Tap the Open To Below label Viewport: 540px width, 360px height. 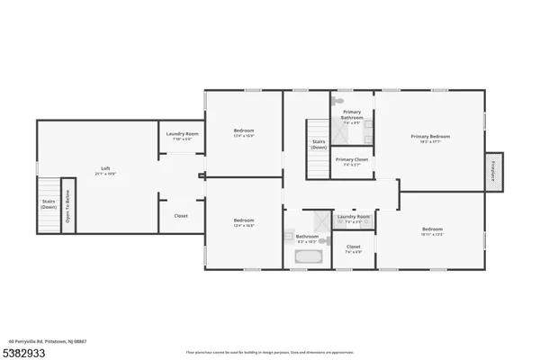[67, 215]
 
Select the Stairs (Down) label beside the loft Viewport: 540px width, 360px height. [48, 205]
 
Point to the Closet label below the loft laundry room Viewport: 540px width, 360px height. [181, 216]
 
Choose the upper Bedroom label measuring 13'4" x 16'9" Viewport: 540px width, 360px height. [244, 132]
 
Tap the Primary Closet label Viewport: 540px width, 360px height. [351, 162]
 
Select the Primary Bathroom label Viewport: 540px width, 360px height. [351, 115]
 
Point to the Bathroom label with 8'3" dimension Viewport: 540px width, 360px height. [308, 238]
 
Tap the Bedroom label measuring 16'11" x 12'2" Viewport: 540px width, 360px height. [432, 231]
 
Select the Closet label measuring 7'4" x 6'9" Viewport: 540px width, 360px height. [353, 248]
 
